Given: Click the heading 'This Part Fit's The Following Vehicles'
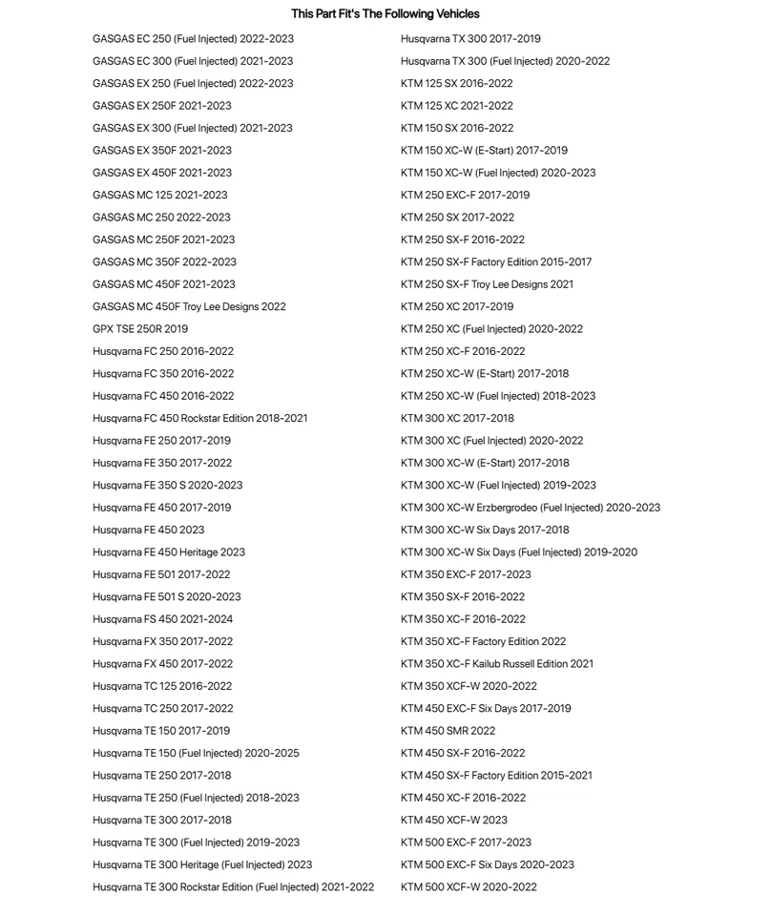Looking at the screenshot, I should pyautogui.click(x=385, y=14).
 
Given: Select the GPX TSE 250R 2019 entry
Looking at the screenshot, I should pyautogui.click(x=140, y=329).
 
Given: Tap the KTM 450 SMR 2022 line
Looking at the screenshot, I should pyautogui.click(x=448, y=731).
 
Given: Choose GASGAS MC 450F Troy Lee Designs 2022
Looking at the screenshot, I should pyautogui.click(x=189, y=307).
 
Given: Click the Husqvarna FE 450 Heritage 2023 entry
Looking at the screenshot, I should pyautogui.click(x=169, y=552).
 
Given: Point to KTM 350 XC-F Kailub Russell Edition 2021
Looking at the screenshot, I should pyautogui.click(x=496, y=664).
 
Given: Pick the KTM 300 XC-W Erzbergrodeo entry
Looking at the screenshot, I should pyautogui.click(x=530, y=508).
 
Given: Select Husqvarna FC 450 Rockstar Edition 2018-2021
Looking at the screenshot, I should pyautogui.click(x=199, y=419).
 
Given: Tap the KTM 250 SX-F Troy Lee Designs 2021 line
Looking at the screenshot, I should pyautogui.click(x=487, y=284).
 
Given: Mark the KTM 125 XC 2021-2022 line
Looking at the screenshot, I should pyautogui.click(x=456, y=106).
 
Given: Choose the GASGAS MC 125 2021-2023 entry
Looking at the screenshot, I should pyautogui.click(x=159, y=195).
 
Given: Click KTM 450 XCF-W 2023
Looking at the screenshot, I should pyautogui.click(x=454, y=821).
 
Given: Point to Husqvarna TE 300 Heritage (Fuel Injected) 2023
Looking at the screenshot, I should pyautogui.click(x=202, y=865).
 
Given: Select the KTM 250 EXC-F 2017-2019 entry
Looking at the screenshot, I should pyautogui.click(x=465, y=195).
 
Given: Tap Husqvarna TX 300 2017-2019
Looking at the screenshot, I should pyautogui.click(x=470, y=39).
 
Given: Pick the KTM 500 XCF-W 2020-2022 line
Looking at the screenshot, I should pyautogui.click(x=469, y=887).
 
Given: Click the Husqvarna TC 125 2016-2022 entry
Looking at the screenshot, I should pyautogui.click(x=162, y=686).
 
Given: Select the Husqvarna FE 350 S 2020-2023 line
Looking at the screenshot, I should pyautogui.click(x=167, y=486).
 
